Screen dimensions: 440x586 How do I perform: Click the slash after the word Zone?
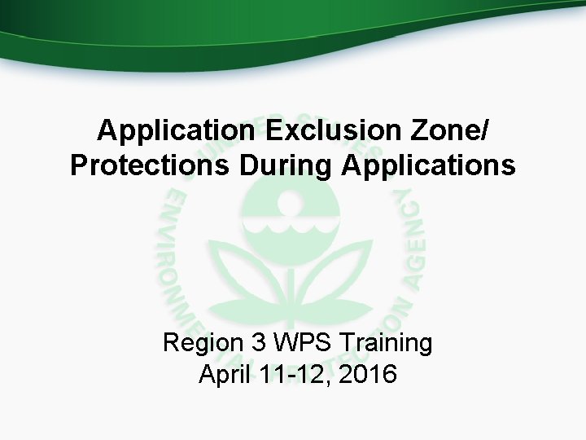487,130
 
